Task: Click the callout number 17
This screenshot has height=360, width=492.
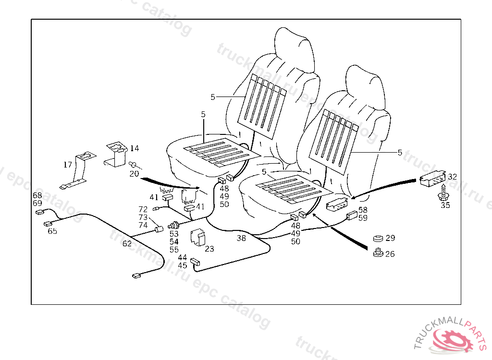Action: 68,165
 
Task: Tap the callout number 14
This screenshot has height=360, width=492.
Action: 134,148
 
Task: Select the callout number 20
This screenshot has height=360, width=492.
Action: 134,173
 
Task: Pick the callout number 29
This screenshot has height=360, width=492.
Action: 390,238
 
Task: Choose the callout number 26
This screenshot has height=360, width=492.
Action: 390,254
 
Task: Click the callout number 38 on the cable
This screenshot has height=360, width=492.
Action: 241,237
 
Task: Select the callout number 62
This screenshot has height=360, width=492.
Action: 127,243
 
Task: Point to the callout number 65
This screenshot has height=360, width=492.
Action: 52,231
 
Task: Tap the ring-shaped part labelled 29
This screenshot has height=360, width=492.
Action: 377,238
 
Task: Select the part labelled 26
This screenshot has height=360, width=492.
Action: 377,252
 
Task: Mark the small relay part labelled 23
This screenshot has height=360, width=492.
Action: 197,238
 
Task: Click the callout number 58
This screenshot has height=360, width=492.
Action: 363,210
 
